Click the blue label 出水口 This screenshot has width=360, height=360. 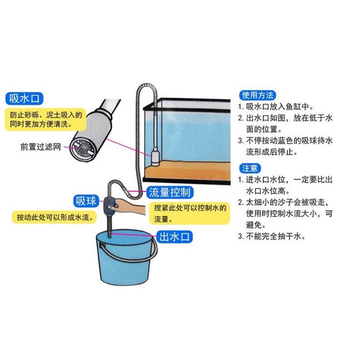point(173,235)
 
